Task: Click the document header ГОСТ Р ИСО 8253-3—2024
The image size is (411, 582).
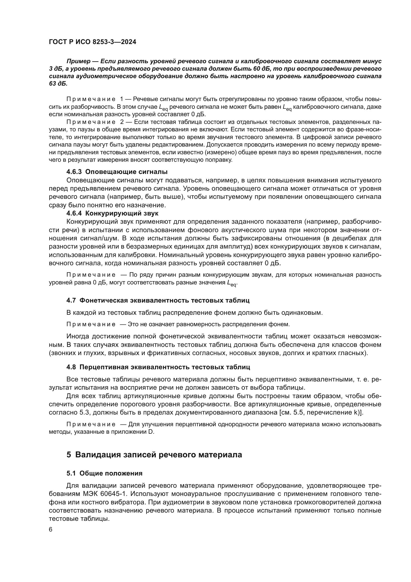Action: pyautogui.click(x=92, y=42)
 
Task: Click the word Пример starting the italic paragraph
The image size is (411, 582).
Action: pyautogui.click(x=79, y=61)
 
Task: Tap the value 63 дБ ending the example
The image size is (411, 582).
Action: pyautogui.click(x=58, y=84)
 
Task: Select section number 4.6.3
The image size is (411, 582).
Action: pyautogui.click(x=74, y=172)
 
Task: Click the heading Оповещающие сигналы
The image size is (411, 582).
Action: pyautogui.click(x=126, y=172)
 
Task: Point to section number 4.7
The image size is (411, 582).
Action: pyautogui.click(x=71, y=300)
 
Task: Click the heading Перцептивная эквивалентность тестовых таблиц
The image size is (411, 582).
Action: pyautogui.click(x=165, y=367)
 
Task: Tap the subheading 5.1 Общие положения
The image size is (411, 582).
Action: pyautogui.click(x=104, y=473)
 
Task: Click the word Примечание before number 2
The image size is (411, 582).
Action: pyautogui.click(x=91, y=122)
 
